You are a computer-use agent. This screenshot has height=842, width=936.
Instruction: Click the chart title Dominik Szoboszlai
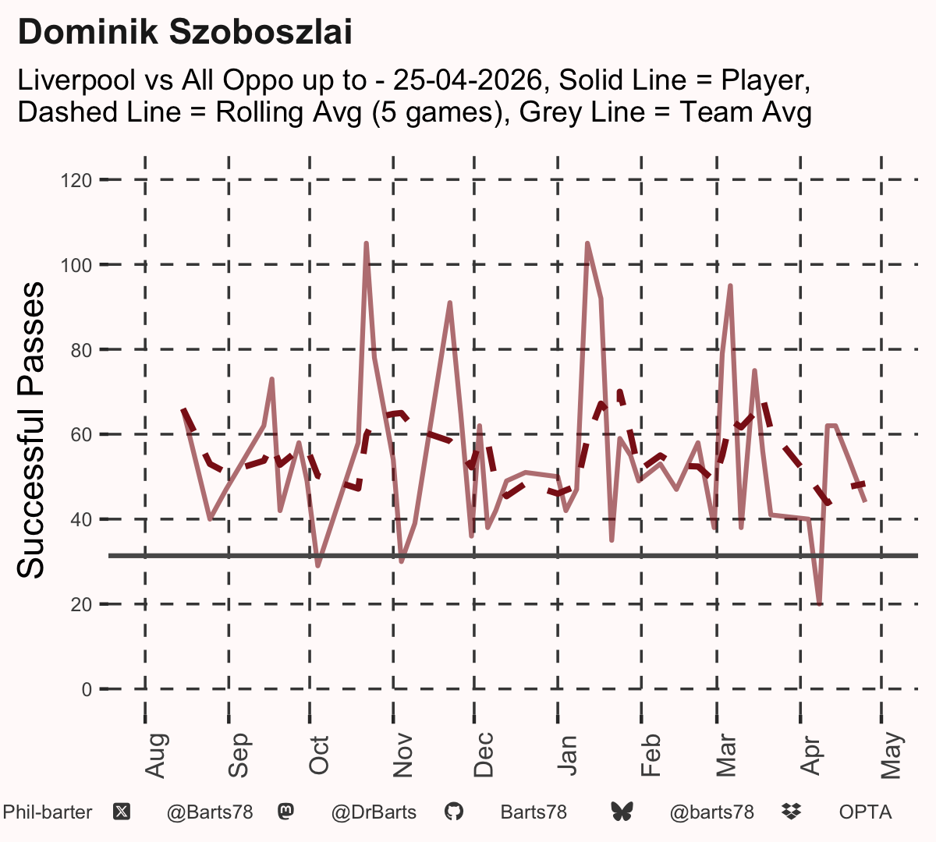pyautogui.click(x=185, y=32)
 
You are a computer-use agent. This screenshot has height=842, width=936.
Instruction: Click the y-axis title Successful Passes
pyautogui.click(x=30, y=430)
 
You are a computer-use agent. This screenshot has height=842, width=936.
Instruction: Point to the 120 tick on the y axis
pyautogui.click(x=76, y=180)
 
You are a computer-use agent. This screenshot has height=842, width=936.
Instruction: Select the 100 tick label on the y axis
pyautogui.click(x=76, y=265)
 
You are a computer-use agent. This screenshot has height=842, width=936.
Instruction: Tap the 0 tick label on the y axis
pyautogui.click(x=87, y=689)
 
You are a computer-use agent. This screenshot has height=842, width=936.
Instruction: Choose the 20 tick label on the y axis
pyautogui.click(x=81, y=604)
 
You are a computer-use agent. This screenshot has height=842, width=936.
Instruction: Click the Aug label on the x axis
pyautogui.click(x=155, y=755)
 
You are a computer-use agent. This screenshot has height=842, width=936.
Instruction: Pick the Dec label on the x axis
pyautogui.click(x=484, y=755)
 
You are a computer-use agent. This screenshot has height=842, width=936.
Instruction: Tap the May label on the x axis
pyautogui.click(x=892, y=755)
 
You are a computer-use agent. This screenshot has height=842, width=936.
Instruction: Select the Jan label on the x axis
pyautogui.click(x=567, y=755)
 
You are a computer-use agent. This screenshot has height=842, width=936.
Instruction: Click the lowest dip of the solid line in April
pyautogui.click(x=819, y=603)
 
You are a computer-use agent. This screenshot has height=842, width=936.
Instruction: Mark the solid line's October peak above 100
pyautogui.click(x=367, y=243)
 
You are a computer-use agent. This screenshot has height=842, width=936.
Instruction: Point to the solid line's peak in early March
pyautogui.click(x=730, y=285)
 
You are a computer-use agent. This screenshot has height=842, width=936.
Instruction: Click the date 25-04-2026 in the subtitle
pyautogui.click(x=468, y=80)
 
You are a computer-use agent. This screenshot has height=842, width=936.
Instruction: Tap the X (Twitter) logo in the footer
pyautogui.click(x=122, y=812)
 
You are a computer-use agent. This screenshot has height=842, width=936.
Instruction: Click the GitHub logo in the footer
pyautogui.click(x=454, y=812)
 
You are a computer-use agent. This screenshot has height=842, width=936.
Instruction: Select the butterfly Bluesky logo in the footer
pyautogui.click(x=622, y=812)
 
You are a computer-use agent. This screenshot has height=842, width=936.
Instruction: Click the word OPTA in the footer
pyautogui.click(x=865, y=812)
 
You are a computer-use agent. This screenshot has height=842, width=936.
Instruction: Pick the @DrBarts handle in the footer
pyautogui.click(x=374, y=812)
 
